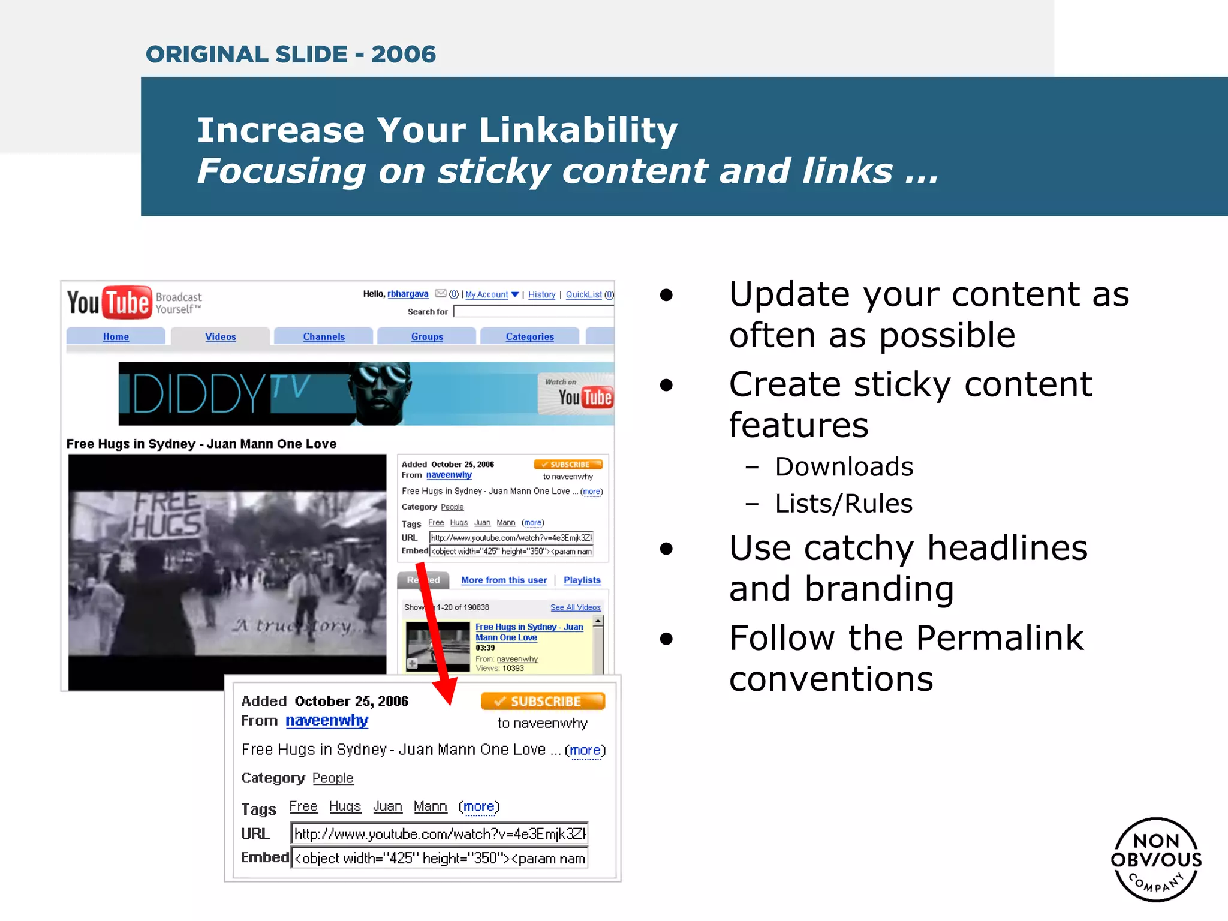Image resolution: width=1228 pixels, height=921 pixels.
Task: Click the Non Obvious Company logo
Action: pos(1156,859)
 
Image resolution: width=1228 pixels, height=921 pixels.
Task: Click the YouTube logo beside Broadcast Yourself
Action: pos(109,302)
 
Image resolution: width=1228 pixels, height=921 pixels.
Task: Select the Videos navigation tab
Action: pos(221,336)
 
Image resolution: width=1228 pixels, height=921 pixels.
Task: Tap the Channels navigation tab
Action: pos(324,336)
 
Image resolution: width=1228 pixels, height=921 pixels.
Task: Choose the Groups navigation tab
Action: pos(427,336)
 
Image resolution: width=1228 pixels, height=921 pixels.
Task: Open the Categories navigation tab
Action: pos(529,336)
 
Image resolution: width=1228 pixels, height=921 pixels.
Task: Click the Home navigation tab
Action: pos(116,336)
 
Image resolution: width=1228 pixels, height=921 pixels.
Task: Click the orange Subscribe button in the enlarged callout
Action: pos(543,701)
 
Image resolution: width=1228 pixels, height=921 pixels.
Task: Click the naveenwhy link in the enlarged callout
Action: pos(327,720)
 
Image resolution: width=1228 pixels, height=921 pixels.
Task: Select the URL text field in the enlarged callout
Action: pos(439,833)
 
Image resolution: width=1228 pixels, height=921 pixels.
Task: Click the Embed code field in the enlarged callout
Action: pos(439,858)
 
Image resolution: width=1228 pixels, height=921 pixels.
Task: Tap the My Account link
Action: pos(487,294)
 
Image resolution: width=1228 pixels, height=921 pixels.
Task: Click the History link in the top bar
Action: pos(541,294)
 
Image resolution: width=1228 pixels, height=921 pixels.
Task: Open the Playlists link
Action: pos(582,580)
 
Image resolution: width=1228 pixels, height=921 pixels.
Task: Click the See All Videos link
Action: pos(575,607)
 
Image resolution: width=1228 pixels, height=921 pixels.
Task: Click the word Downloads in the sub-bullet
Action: pos(844,466)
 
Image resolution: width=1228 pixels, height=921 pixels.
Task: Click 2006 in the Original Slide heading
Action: pos(403,54)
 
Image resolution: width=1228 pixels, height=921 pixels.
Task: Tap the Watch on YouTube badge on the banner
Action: pos(576,393)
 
